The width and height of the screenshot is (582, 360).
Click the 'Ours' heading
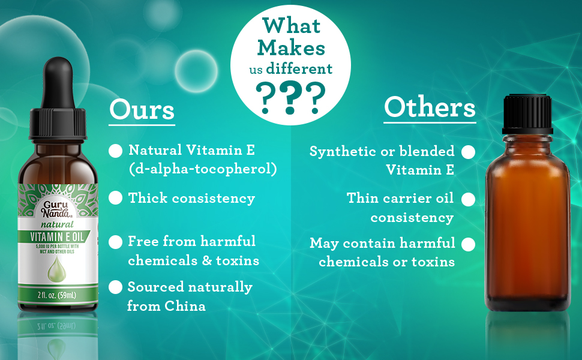142,110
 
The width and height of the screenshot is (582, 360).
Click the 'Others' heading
430,107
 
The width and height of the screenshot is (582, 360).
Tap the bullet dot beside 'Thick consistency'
115,198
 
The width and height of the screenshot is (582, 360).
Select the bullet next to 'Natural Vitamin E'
115,151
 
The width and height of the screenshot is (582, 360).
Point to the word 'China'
185,306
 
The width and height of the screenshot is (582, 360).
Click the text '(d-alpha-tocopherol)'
203,169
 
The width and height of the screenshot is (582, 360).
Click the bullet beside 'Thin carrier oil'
468,199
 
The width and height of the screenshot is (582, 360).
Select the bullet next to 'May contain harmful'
468,245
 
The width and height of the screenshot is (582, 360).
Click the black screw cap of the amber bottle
527,114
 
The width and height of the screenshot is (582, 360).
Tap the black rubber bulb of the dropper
58,82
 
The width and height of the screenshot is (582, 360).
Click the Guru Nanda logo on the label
56,209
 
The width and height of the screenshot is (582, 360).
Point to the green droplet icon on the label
57,269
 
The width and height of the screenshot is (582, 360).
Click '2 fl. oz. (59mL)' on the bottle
57,295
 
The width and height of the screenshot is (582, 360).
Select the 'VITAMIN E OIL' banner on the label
57,236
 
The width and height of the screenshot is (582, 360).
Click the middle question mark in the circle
290,98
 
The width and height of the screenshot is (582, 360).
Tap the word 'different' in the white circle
299,68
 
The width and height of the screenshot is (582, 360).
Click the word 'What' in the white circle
292,26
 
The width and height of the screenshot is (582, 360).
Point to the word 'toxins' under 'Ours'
238,260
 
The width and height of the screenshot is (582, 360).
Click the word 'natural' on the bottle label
57,224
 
